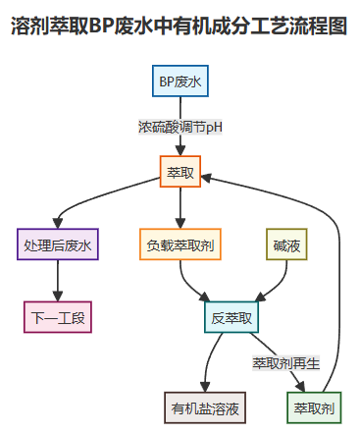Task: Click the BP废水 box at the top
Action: pos(180,82)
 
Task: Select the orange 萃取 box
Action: pos(180,173)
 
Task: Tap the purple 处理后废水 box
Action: pos(58,244)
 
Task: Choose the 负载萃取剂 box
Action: pos(180,244)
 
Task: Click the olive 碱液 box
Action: pos(286,244)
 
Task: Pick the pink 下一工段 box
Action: pos(58,317)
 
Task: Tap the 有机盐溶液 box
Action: pos(206,407)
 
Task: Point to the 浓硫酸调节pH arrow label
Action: pos(180,128)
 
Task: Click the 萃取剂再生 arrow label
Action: pos(286,362)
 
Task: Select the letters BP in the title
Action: pos(101,27)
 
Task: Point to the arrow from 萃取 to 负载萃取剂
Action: pos(180,208)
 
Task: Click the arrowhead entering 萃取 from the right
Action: pos(209,175)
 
